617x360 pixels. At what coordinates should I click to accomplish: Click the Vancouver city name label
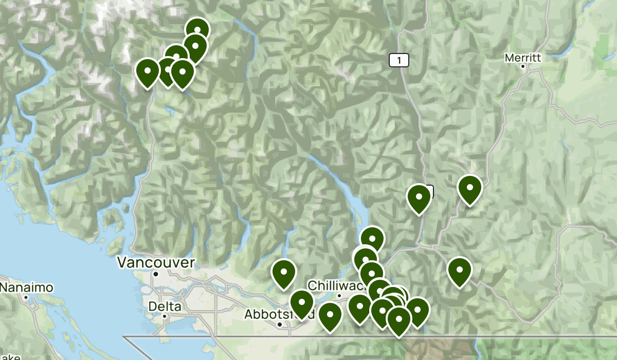click(x=156, y=263)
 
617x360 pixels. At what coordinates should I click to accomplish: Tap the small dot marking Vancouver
click(x=156, y=274)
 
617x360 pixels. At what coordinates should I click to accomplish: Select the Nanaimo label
click(x=26, y=287)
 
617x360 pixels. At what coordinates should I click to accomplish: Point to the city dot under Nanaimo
click(x=25, y=297)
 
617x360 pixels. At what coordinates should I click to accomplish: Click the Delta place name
click(x=164, y=307)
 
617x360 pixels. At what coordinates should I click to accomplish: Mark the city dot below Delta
click(x=165, y=316)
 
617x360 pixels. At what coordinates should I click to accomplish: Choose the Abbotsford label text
click(x=267, y=314)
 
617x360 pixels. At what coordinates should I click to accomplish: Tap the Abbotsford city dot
click(x=279, y=325)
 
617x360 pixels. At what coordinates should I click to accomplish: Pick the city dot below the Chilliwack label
click(x=339, y=295)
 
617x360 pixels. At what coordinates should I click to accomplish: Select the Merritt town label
click(x=523, y=58)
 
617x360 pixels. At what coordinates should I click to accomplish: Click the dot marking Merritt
click(x=523, y=66)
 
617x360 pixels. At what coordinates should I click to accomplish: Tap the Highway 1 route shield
click(x=398, y=61)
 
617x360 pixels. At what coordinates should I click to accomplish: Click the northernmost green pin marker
click(x=197, y=30)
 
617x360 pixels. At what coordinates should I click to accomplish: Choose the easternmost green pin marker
click(x=469, y=188)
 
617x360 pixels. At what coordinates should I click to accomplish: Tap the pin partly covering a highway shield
click(x=419, y=198)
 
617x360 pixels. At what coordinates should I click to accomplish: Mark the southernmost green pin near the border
click(x=398, y=319)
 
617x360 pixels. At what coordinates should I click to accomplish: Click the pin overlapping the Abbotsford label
click(x=301, y=303)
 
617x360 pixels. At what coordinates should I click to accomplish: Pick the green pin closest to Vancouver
click(x=283, y=273)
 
